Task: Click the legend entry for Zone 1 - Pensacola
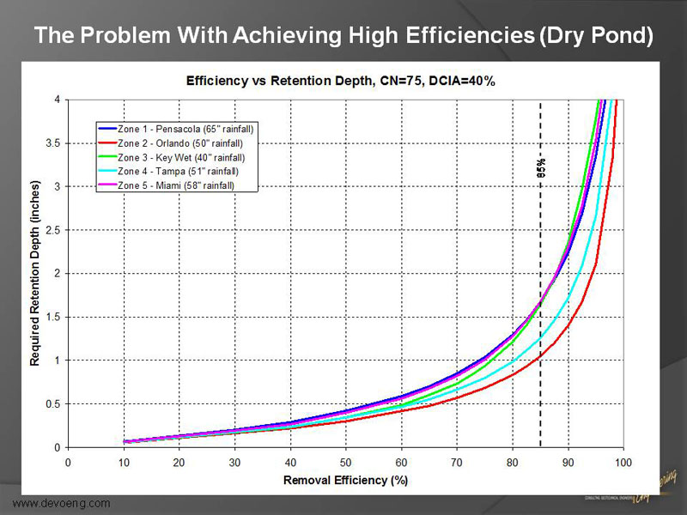[x=189, y=128]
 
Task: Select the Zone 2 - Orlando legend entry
[x=185, y=142]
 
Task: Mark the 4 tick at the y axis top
[x=57, y=100]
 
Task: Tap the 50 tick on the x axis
[x=345, y=463]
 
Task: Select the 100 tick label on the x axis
[x=623, y=463]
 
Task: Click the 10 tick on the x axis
[x=124, y=463]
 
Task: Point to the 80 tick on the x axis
[x=512, y=463]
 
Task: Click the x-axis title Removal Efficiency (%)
[x=345, y=480]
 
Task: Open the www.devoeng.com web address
[x=61, y=502]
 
